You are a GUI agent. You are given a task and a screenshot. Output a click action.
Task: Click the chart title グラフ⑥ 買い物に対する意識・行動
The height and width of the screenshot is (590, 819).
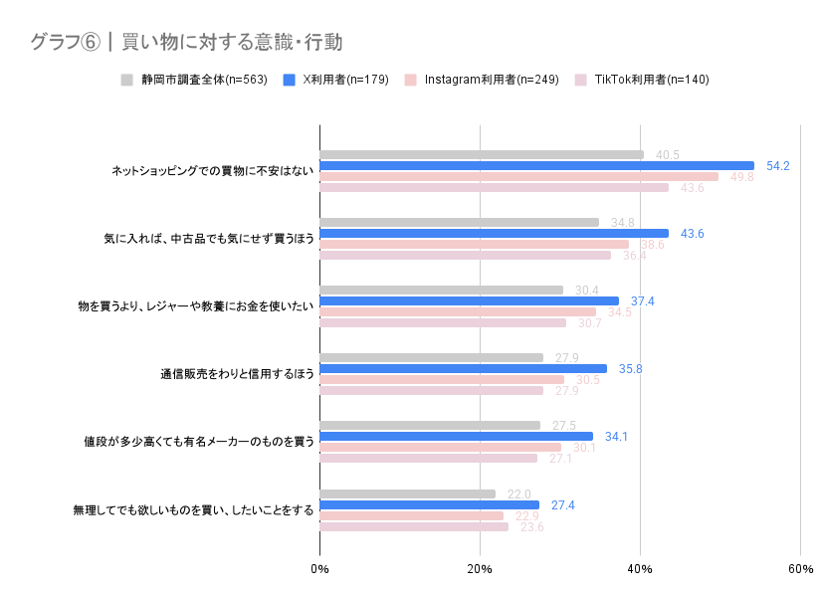[186, 42]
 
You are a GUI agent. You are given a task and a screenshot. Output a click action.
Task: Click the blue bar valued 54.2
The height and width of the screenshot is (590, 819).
[536, 165]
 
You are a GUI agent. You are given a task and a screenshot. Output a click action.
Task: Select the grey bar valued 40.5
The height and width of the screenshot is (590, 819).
[482, 154]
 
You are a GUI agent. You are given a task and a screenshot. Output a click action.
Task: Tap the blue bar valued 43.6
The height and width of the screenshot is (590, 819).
[494, 234]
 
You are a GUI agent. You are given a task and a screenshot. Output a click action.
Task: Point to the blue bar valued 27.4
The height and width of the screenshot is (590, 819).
[429, 504]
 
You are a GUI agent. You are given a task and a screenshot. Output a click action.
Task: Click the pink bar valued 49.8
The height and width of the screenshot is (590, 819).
[518, 177]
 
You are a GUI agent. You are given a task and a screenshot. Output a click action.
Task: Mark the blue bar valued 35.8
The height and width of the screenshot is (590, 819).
[463, 369]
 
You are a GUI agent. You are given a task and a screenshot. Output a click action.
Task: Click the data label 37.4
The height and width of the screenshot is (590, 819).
[643, 301]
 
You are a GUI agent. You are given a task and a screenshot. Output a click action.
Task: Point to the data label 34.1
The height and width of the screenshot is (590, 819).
[617, 437]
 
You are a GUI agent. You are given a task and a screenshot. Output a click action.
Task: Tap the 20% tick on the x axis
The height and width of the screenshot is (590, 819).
[480, 568]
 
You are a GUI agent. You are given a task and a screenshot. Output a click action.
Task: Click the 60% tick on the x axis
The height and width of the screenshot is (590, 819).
[800, 568]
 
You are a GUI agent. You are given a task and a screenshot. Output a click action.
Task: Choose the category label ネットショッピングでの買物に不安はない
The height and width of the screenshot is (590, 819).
[212, 171]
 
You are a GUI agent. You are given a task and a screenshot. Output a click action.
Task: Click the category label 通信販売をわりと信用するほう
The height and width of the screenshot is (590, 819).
[237, 374]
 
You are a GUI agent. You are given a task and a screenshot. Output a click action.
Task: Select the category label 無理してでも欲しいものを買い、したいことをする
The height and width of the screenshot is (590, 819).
[193, 510]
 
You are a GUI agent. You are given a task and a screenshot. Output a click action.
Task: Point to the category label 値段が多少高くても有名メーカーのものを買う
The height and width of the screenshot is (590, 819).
[199, 442]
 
